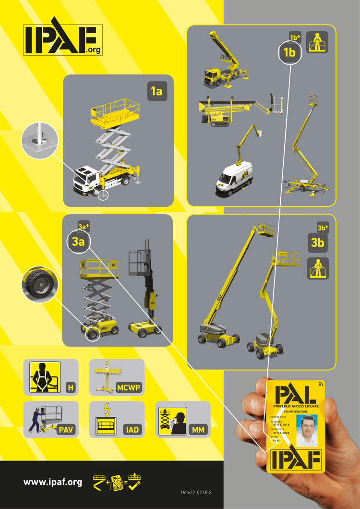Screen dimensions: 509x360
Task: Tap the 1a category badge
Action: pyautogui.click(x=157, y=91)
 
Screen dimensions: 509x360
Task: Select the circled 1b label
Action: pyautogui.click(x=289, y=53)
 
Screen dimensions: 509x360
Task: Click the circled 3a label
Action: pyautogui.click(x=78, y=242)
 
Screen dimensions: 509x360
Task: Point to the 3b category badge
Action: pyautogui.click(x=317, y=243)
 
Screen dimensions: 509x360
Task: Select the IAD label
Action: pyautogui.click(x=132, y=430)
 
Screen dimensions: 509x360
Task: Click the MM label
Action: pyautogui.click(x=198, y=430)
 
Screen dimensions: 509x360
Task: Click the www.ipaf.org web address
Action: pyautogui.click(x=53, y=482)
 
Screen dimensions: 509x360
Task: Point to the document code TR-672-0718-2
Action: pyautogui.click(x=196, y=493)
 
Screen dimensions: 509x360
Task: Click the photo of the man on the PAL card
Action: pyautogui.click(x=307, y=431)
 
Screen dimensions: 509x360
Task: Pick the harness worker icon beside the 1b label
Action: pyautogui.click(x=317, y=42)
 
